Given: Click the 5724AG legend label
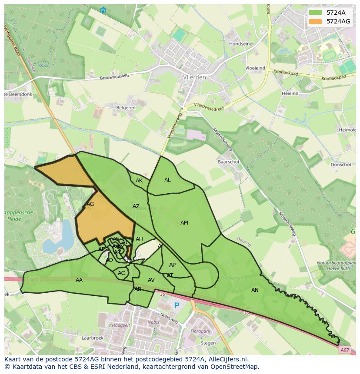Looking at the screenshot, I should coord(338,21).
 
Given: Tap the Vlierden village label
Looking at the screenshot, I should coord(194,77).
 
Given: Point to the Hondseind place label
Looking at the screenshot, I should coord(240,44).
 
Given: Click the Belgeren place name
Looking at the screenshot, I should coord(126,108).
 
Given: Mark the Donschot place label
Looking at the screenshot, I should coord(341,165).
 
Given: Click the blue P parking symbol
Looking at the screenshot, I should coord(177,305).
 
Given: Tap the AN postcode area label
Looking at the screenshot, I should coord(255,290).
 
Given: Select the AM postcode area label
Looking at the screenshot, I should coord(184,223).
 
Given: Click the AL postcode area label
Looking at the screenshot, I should coord(167,180).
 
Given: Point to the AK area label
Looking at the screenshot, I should coord(139,181).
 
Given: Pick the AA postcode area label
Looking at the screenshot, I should coord(79,280).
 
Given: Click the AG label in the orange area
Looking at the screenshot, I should coord(90,204).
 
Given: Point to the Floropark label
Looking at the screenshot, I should coord(200,331).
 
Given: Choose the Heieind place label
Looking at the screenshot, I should coord(290,93).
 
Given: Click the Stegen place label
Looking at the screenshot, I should coord(208,343).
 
